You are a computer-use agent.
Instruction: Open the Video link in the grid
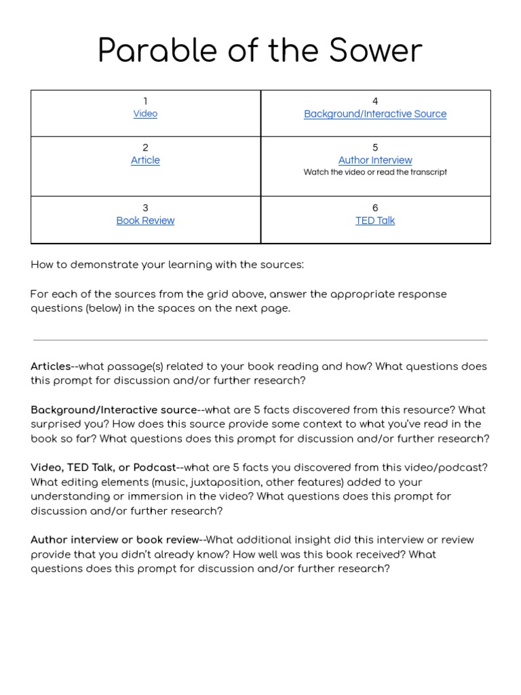click(x=145, y=114)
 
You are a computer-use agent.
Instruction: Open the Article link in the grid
click(x=145, y=160)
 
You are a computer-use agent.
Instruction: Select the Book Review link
click(x=145, y=221)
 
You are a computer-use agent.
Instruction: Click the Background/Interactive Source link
click(x=375, y=114)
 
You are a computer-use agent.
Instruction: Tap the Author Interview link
click(x=375, y=160)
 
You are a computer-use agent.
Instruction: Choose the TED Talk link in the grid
click(x=375, y=221)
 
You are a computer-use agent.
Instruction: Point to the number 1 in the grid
click(x=145, y=101)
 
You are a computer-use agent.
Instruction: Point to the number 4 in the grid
click(x=375, y=101)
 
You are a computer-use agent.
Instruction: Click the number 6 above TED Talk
click(x=375, y=208)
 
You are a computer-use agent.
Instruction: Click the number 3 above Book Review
click(x=145, y=208)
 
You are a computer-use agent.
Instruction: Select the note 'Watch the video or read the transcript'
click(x=375, y=172)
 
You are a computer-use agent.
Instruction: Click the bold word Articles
click(x=50, y=367)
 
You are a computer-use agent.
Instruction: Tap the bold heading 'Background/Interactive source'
click(x=113, y=410)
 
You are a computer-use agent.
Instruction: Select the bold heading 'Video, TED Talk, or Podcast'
click(x=102, y=468)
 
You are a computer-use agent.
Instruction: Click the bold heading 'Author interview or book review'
click(x=115, y=540)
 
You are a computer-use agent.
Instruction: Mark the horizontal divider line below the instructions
click(x=260, y=339)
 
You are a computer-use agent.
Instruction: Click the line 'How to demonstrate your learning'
click(x=167, y=265)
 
